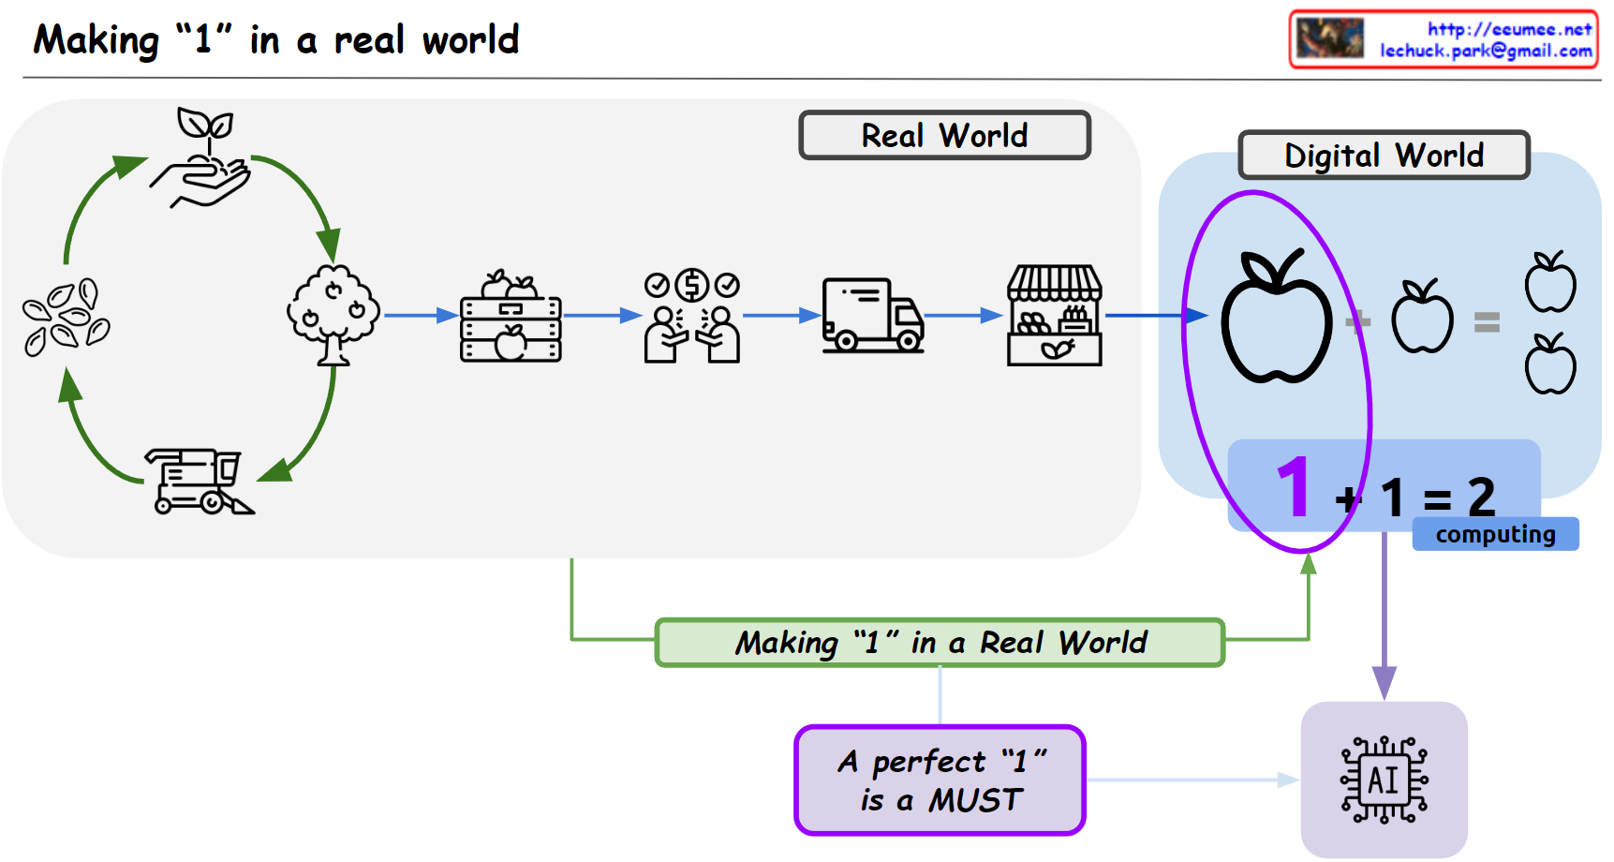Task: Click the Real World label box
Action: (944, 136)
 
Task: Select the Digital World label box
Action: (1384, 156)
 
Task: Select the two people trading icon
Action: (692, 317)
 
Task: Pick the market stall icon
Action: (1055, 316)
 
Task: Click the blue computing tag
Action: (1495, 534)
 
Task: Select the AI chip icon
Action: (1384, 780)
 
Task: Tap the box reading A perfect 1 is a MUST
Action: (940, 780)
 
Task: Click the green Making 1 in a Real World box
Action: (940, 643)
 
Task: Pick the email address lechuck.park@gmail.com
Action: (1486, 52)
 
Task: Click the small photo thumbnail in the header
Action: (1329, 38)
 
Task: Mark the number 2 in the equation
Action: (1481, 497)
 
